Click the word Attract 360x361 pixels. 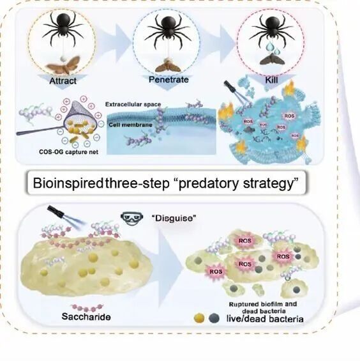click(63, 81)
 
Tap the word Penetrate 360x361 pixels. click(169, 80)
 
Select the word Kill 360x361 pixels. click(272, 80)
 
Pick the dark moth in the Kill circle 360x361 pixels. click(272, 59)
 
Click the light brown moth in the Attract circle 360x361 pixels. click(64, 65)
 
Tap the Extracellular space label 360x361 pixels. click(133, 104)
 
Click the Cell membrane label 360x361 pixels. click(130, 125)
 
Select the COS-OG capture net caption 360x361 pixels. click(68, 152)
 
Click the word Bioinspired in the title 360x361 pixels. click(68, 183)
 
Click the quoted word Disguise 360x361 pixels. click(174, 218)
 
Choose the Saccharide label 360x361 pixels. click(86, 317)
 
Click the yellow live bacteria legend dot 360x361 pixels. click(199, 319)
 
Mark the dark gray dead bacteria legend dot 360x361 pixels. click(214, 319)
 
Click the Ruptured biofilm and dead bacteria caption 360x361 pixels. click(263, 307)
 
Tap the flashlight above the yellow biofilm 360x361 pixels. click(56, 212)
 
